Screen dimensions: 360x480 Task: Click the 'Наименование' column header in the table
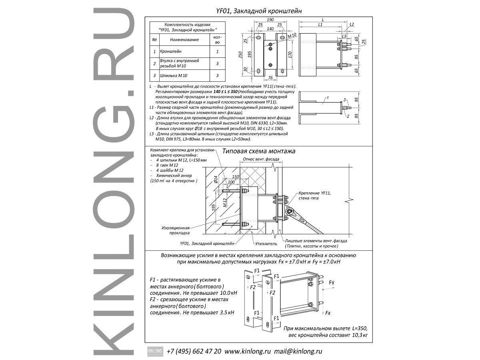pos(184,40)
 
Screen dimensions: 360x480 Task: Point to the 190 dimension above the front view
pos(270,20)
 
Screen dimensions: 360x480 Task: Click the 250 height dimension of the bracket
pos(240,55)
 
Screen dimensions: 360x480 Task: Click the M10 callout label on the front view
pos(292,36)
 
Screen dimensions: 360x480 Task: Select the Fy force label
pos(332,283)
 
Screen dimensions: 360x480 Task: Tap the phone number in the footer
pos(194,351)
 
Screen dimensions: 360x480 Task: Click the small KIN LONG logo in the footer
pos(154,351)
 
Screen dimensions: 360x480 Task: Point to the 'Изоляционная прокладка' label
pos(176,230)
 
